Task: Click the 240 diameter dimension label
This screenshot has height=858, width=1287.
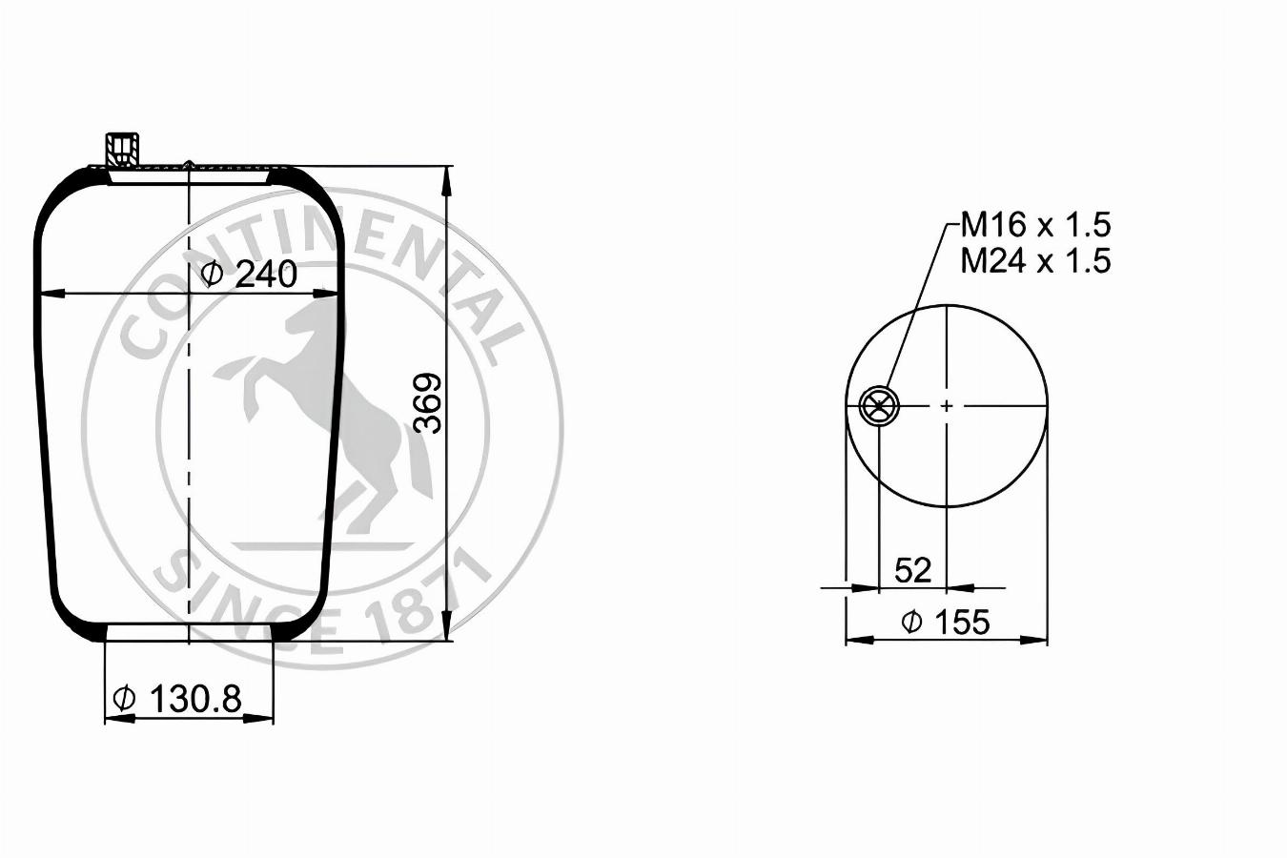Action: (251, 275)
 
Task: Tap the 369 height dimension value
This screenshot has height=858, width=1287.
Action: (429, 402)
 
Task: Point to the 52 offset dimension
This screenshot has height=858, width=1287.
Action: (912, 570)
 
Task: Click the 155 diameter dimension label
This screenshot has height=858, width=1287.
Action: (947, 622)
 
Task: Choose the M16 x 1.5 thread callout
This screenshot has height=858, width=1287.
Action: (1035, 226)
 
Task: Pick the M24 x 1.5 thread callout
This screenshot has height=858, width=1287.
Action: (1035, 260)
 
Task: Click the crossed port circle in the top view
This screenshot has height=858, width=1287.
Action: (878, 406)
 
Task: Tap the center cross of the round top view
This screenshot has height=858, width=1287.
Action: (947, 406)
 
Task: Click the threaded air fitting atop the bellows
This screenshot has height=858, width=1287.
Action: (123, 149)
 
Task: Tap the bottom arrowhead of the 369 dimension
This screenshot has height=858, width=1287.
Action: (447, 628)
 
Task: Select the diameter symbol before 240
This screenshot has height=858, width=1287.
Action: (213, 275)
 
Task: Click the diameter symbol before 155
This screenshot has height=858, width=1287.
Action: (911, 623)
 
